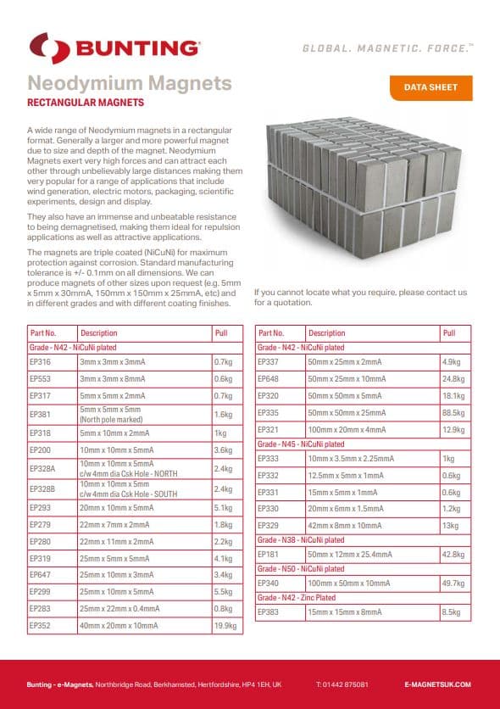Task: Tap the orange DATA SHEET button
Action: click(x=430, y=87)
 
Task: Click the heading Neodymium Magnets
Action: click(x=130, y=83)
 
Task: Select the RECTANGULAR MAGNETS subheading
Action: click(x=86, y=103)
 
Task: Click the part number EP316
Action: click(x=41, y=361)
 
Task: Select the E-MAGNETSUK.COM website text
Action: click(x=437, y=684)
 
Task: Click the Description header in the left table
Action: click(x=99, y=333)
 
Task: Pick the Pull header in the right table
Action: click(x=449, y=333)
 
